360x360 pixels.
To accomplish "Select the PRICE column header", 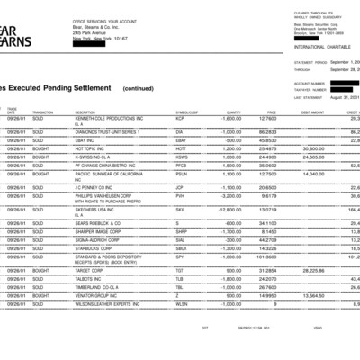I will tap(271, 112).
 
